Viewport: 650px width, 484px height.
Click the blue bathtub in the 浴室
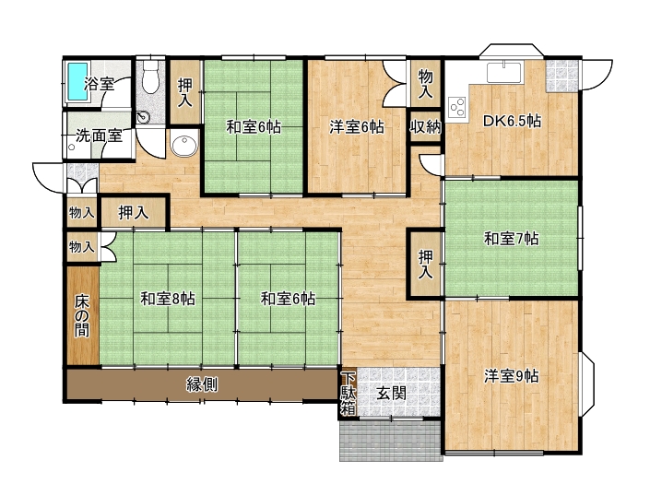78,82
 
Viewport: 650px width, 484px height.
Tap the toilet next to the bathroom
149,77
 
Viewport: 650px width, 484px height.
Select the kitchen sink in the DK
504,72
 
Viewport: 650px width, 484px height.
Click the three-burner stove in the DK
457,107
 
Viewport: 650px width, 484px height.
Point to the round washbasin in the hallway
184,144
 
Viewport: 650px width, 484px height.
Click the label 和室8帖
168,299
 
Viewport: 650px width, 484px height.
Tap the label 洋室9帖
512,376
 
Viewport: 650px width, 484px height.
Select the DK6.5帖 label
512,121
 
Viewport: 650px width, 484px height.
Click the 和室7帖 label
512,239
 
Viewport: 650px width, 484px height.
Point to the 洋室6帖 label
357,127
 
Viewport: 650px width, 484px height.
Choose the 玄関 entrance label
391,393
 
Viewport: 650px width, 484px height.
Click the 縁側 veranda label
202,385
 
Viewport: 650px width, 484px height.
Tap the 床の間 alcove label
82,316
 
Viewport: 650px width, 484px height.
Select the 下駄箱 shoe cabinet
349,394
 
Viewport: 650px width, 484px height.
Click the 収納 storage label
426,127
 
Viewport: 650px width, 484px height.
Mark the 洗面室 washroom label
99,136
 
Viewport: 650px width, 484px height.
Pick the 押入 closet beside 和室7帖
426,264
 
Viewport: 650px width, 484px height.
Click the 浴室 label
99,84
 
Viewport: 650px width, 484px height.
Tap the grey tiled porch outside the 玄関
391,441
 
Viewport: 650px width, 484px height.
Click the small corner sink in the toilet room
143,117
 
